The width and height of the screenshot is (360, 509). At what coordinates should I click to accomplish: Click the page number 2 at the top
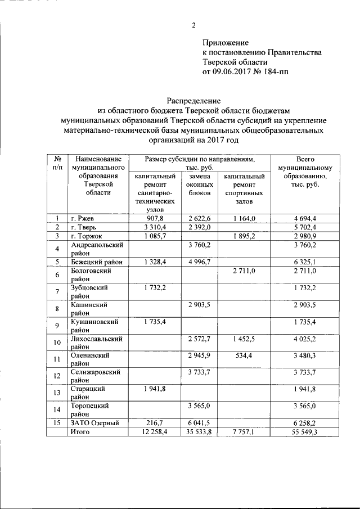point(193,25)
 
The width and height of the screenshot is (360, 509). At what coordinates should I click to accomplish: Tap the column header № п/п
point(57,163)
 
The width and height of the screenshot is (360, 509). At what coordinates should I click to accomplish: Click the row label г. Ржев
point(82,218)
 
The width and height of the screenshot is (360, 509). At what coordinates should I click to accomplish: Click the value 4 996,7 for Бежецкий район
point(199,262)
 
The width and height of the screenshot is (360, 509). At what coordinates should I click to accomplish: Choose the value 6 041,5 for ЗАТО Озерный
point(199,424)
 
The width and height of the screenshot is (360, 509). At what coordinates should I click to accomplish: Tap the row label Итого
point(81,431)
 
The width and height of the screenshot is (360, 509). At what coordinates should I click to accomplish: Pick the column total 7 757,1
point(244,431)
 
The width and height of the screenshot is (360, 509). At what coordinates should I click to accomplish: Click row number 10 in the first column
point(57,343)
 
